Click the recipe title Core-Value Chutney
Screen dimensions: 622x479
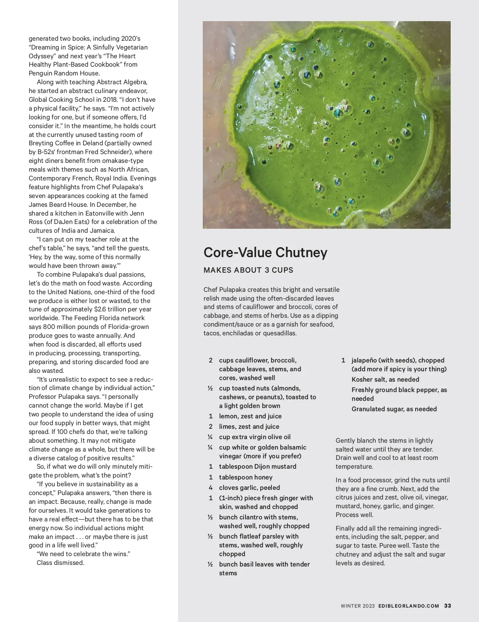[265, 253]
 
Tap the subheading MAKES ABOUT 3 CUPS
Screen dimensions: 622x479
[248, 270]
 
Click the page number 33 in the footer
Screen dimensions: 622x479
[447, 606]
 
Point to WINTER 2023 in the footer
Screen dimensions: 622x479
[358, 606]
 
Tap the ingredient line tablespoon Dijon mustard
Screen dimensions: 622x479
[257, 467]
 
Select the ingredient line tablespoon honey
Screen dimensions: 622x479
[245, 477]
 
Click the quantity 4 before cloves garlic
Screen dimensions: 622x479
[210, 488]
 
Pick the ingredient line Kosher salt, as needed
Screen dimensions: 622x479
[385, 380]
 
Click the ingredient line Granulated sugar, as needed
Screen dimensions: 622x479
[394, 409]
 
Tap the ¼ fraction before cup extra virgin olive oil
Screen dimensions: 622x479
[210, 437]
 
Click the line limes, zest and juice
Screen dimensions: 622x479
[249, 427]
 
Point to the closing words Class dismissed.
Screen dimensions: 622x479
[60, 563]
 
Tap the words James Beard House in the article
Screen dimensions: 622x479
[57, 205]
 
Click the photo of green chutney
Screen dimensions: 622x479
[327, 125]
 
